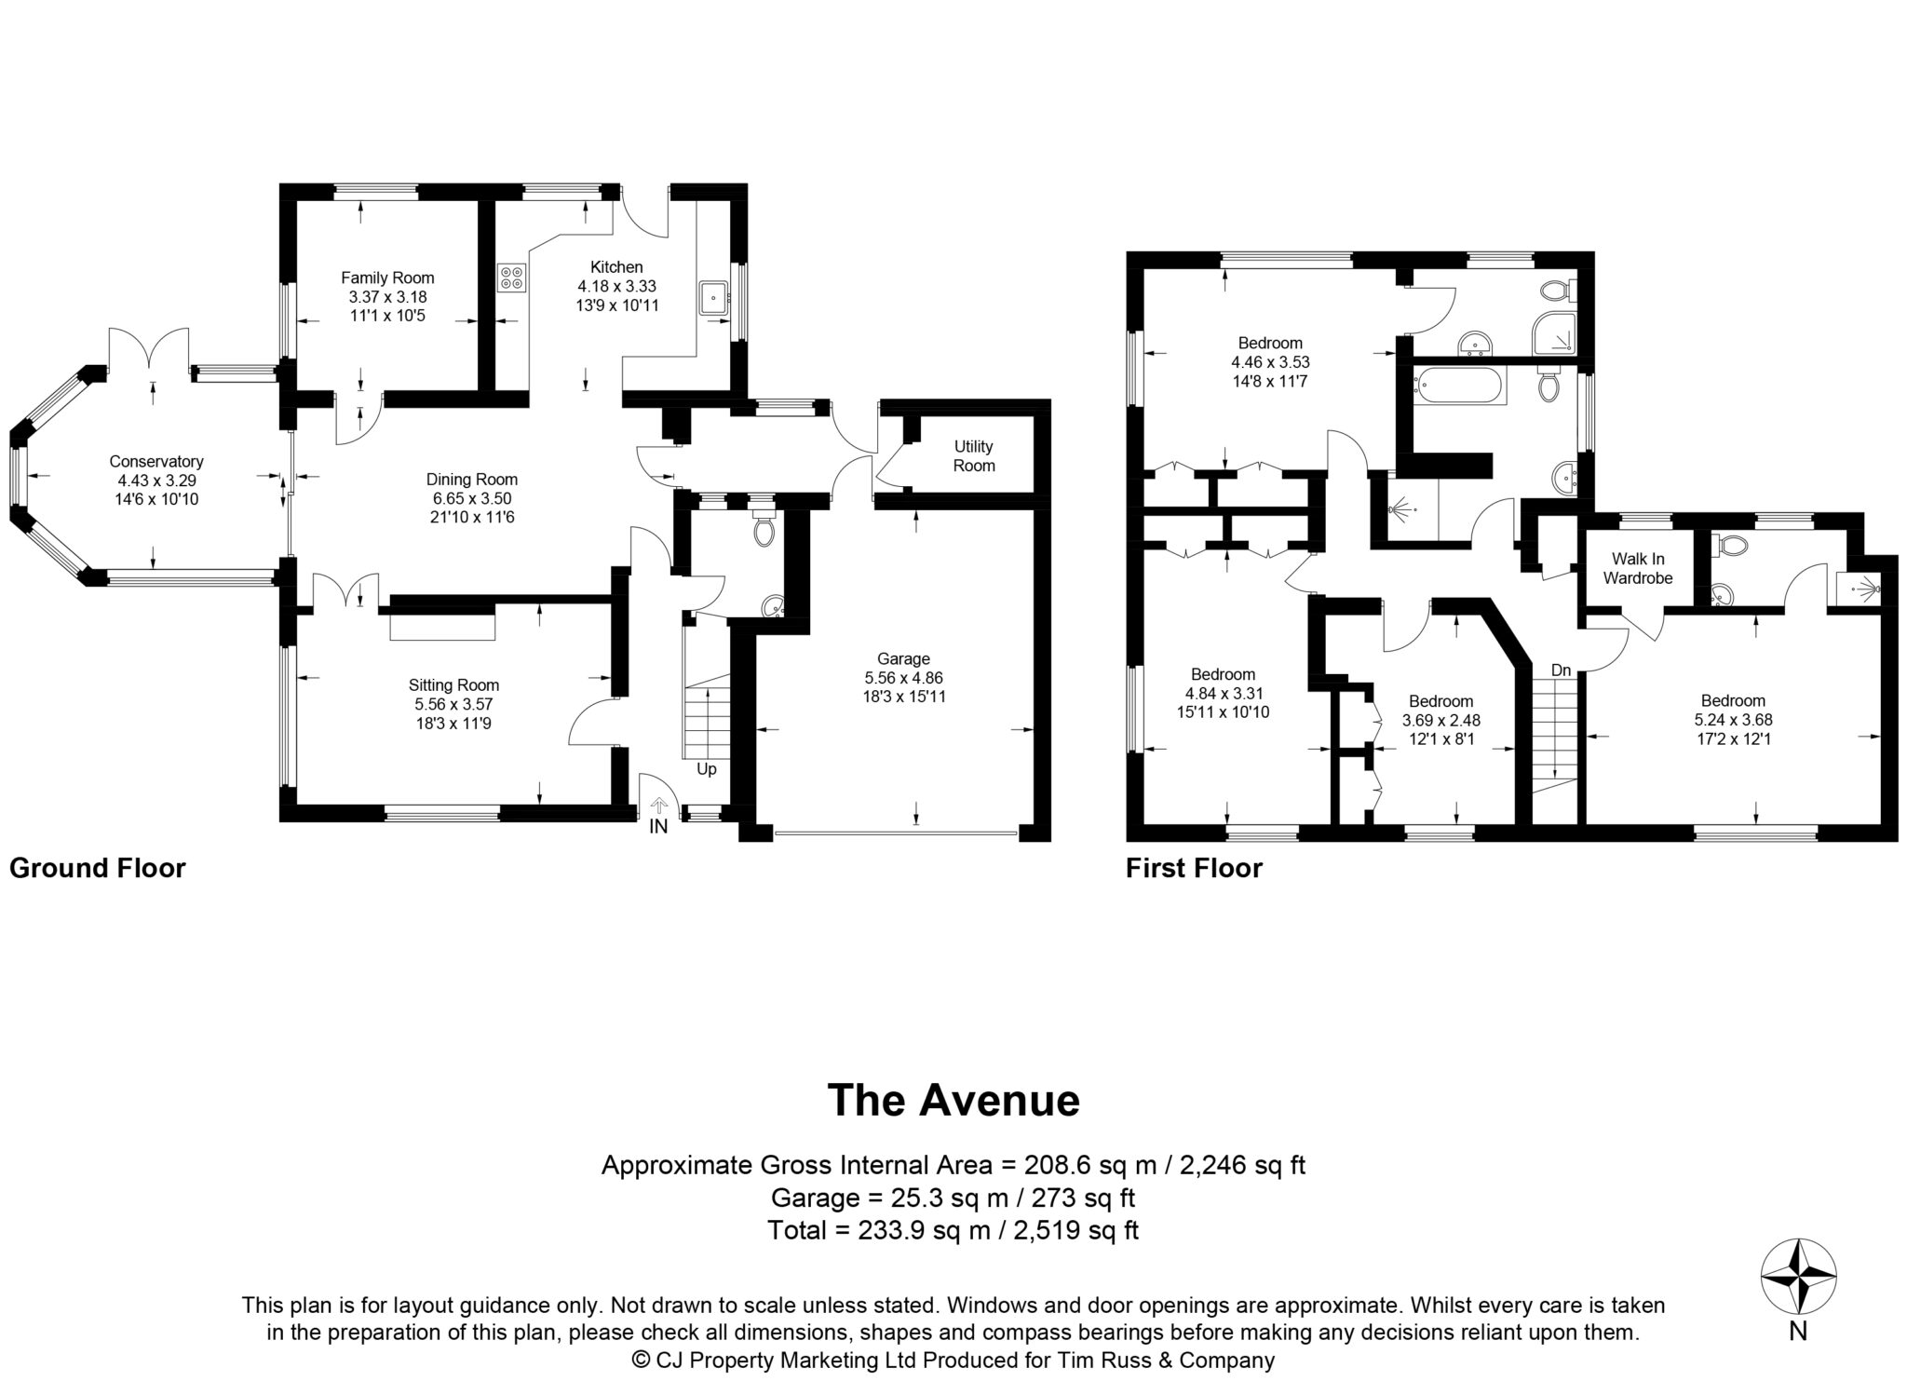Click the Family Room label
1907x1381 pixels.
coord(387,278)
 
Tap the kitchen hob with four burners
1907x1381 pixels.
coord(512,278)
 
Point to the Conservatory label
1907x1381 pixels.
coord(156,462)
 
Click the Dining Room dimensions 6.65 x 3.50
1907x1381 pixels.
coord(472,499)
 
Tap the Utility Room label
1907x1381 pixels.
coord(974,456)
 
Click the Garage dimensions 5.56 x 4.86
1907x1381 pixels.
coord(904,678)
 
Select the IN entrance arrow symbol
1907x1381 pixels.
coord(659,803)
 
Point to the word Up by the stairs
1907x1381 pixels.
coord(707,769)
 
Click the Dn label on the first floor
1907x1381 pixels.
coord(1562,670)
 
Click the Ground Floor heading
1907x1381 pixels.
coord(98,868)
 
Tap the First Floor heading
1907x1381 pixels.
coord(1194,868)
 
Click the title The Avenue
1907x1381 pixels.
coord(953,1099)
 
